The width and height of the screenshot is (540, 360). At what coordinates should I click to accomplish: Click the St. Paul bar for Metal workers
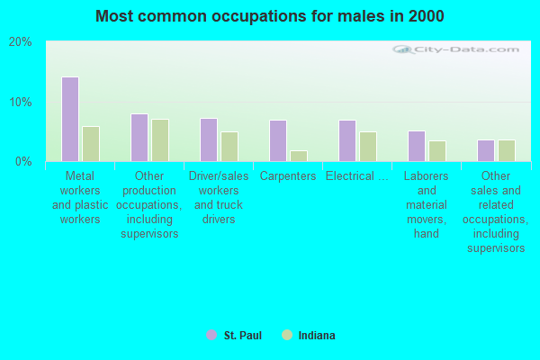click(x=70, y=119)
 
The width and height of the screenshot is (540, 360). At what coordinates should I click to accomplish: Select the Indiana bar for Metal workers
click(x=91, y=144)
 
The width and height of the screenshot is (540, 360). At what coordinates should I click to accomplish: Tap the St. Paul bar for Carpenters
click(x=278, y=141)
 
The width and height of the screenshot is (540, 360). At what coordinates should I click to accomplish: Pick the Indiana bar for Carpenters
click(x=299, y=156)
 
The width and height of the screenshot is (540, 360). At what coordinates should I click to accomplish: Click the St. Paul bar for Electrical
click(x=347, y=141)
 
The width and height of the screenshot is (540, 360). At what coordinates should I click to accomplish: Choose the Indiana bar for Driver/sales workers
click(x=229, y=147)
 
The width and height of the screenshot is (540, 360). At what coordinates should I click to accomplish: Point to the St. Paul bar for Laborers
click(x=417, y=146)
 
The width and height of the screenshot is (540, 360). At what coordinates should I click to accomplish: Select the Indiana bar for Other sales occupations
click(x=507, y=150)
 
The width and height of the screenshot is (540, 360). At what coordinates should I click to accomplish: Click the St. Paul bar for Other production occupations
click(x=139, y=138)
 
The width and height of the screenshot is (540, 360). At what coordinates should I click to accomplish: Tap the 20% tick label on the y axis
click(x=20, y=42)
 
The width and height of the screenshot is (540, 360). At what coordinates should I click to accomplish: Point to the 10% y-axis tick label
click(x=20, y=102)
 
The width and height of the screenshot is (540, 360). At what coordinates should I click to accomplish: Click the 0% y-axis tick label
click(x=23, y=161)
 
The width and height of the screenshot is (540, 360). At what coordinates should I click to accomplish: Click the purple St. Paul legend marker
click(x=211, y=335)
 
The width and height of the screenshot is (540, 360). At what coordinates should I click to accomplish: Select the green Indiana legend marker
click(x=287, y=335)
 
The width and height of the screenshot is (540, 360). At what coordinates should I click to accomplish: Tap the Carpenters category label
click(x=288, y=176)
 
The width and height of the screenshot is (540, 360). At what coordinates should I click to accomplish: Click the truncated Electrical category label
click(x=357, y=176)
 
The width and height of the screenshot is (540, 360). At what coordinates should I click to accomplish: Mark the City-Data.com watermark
click(x=456, y=49)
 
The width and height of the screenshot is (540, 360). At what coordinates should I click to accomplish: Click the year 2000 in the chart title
click(x=427, y=16)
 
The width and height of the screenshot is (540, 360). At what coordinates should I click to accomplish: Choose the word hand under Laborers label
click(x=427, y=234)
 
